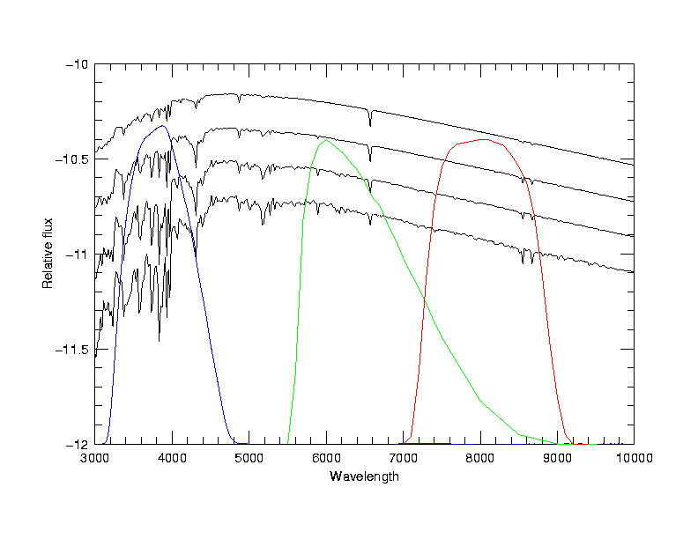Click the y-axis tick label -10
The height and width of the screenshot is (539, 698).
pos(77,64)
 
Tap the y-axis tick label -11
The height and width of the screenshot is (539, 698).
pos(77,255)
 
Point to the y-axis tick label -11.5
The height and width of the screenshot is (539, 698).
pos(71,350)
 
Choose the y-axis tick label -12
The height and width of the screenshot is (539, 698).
pos(77,444)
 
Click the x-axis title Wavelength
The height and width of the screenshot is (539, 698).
pos(364,476)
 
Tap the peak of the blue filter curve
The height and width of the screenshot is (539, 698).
pos(163,126)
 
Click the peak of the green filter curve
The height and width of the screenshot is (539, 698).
pos(327,139)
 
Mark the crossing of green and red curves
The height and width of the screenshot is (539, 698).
pos(425,300)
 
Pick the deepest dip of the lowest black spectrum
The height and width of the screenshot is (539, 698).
pos(159,340)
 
